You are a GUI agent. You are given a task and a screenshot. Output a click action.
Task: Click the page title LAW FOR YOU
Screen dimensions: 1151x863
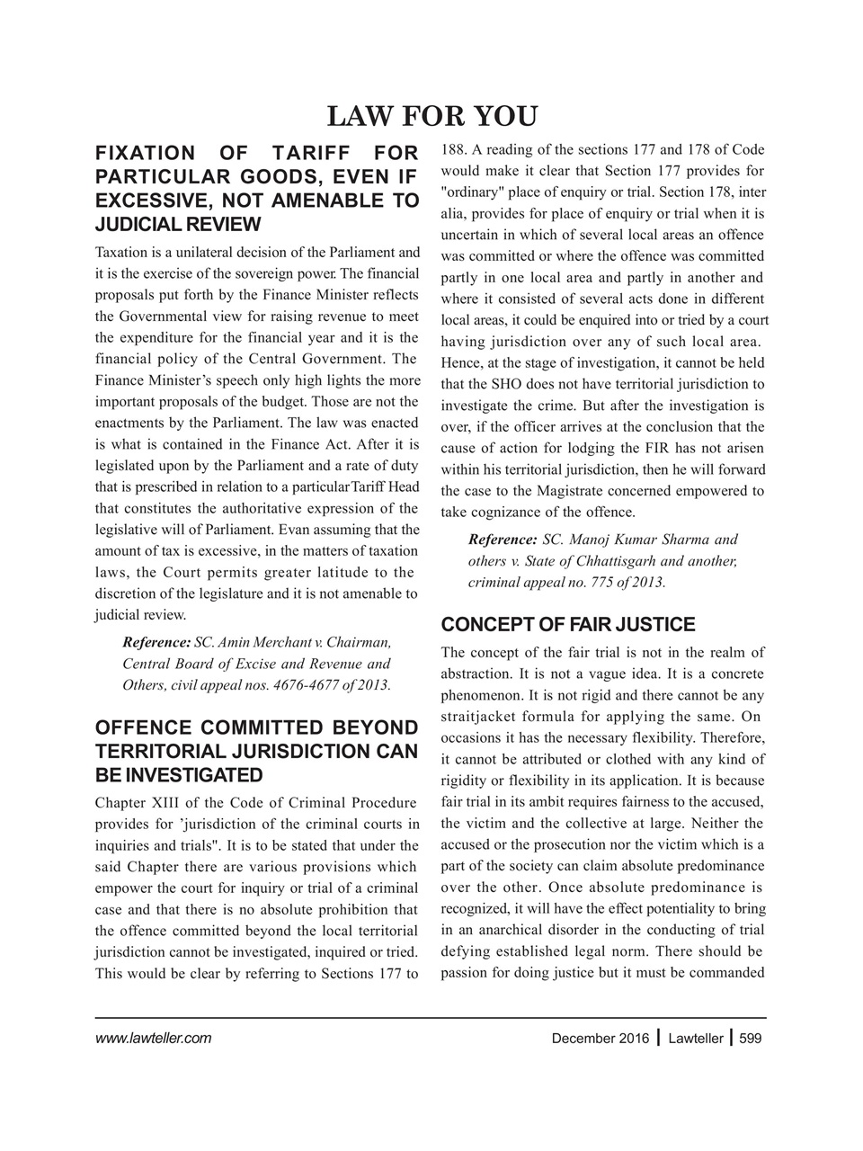coord(431,117)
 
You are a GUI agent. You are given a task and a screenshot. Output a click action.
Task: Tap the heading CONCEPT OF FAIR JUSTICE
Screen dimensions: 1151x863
coord(568,625)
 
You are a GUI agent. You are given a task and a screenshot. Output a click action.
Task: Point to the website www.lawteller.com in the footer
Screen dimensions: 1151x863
coord(153,1039)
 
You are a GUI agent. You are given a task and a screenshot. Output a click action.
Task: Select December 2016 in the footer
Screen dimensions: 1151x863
coord(600,1039)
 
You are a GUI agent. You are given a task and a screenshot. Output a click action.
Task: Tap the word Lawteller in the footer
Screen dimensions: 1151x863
coord(696,1039)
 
